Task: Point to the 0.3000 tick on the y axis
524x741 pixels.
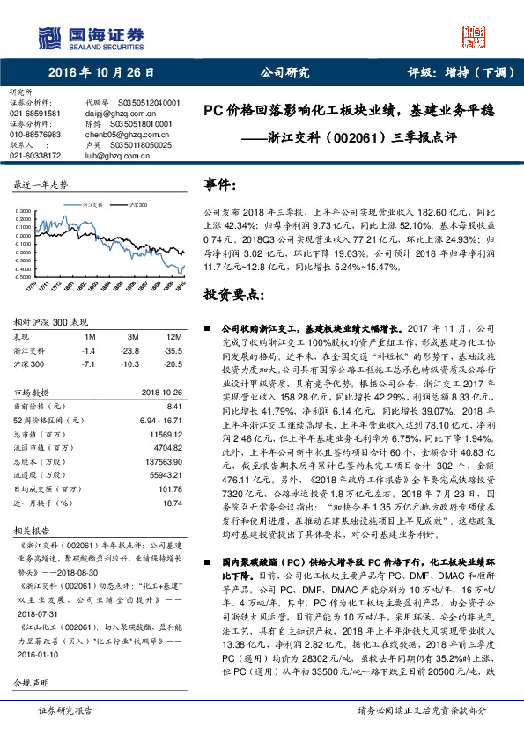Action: [25, 210]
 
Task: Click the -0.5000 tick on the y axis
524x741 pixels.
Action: [24, 275]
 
